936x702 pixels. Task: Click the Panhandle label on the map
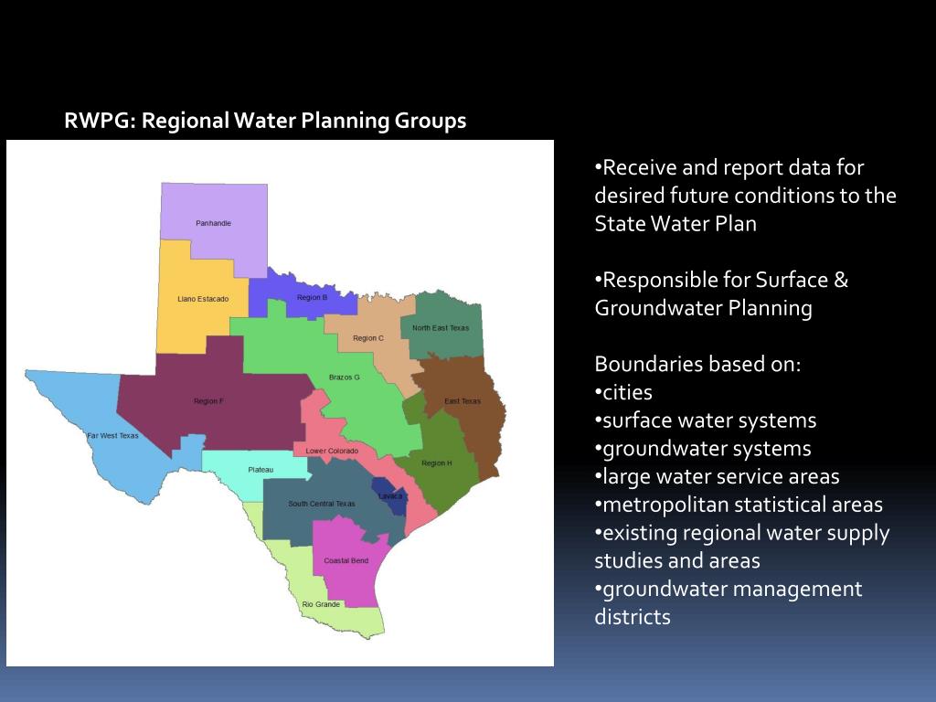pyautogui.click(x=213, y=223)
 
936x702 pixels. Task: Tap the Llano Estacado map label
pyautogui.click(x=203, y=299)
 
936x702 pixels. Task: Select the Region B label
pyautogui.click(x=312, y=297)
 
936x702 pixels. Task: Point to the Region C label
pyautogui.click(x=368, y=338)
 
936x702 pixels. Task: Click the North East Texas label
pyautogui.click(x=441, y=328)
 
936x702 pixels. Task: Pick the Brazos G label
pyautogui.click(x=345, y=377)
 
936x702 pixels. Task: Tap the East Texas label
pyautogui.click(x=463, y=401)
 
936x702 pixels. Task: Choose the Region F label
pyautogui.click(x=208, y=401)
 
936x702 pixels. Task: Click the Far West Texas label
pyautogui.click(x=112, y=436)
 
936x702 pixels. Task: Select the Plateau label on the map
pyautogui.click(x=261, y=470)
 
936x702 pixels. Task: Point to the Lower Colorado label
pyautogui.click(x=332, y=451)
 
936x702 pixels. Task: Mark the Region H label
pyautogui.click(x=436, y=463)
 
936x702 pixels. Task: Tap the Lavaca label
pyautogui.click(x=390, y=496)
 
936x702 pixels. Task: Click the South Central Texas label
pyautogui.click(x=322, y=504)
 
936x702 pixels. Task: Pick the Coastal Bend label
pyautogui.click(x=346, y=560)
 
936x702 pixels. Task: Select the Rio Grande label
pyautogui.click(x=321, y=604)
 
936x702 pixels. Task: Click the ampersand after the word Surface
pyautogui.click(x=839, y=280)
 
